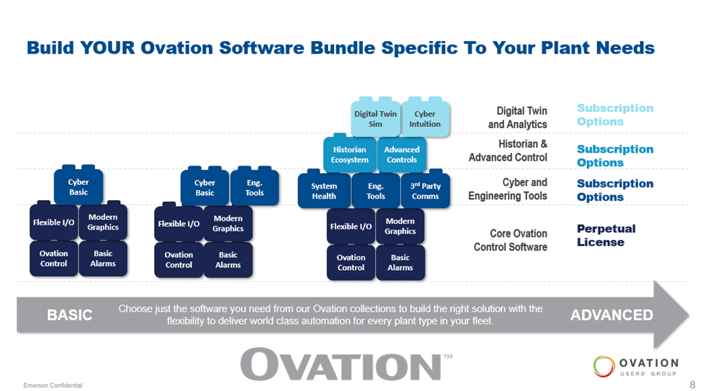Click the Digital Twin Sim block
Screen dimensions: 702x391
(x=375, y=118)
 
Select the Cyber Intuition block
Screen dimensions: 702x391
(x=425, y=118)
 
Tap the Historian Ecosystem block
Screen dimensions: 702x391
(x=350, y=155)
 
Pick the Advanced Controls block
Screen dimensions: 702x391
(x=402, y=155)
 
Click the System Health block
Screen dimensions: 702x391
(x=324, y=190)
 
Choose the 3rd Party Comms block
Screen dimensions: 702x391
(x=426, y=190)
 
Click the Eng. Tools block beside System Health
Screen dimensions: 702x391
(x=375, y=190)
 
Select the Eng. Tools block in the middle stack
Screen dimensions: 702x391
(x=254, y=188)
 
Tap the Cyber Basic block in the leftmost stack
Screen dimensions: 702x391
(x=78, y=186)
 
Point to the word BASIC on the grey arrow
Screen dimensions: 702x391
(x=70, y=315)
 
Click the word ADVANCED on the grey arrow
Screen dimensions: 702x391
(x=611, y=315)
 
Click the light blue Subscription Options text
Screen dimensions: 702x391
(x=615, y=115)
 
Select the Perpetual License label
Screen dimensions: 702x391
(x=606, y=235)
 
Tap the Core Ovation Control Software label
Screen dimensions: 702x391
(x=510, y=241)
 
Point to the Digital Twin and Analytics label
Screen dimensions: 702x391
(x=518, y=118)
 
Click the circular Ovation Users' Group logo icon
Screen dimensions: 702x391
(x=604, y=366)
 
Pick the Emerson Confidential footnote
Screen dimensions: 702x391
(x=53, y=386)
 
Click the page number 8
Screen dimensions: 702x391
(x=692, y=384)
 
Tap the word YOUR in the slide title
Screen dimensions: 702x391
(x=107, y=48)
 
